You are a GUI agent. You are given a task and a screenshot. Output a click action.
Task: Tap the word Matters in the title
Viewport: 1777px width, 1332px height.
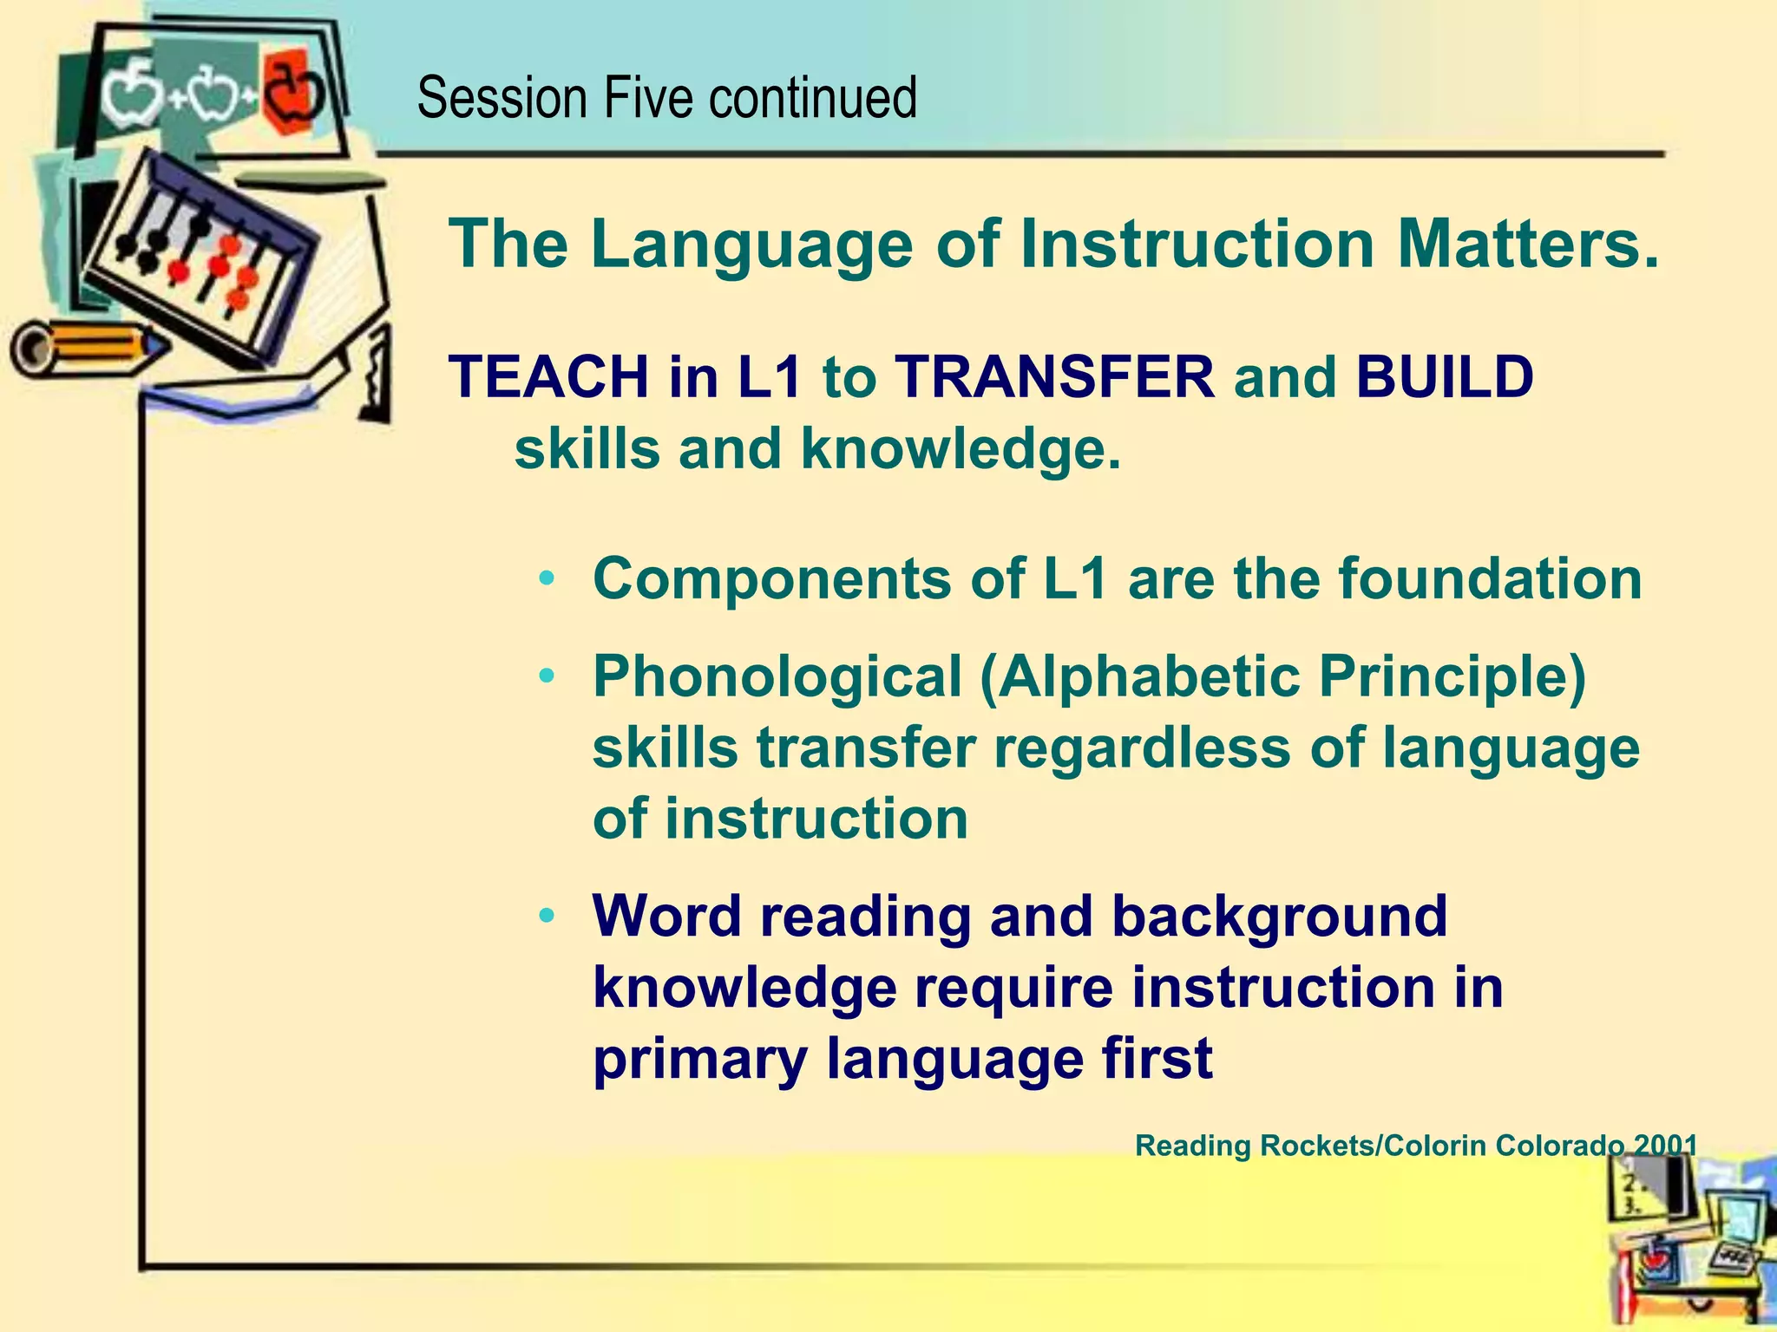(x=1527, y=244)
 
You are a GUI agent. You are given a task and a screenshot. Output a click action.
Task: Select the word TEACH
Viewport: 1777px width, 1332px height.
(x=548, y=378)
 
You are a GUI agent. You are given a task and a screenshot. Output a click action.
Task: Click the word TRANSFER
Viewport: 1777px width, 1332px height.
(x=1055, y=378)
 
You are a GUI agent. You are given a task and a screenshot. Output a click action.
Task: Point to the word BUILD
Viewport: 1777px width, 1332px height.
(x=1445, y=378)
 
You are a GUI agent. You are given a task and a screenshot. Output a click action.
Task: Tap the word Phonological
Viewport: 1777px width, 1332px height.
(x=777, y=676)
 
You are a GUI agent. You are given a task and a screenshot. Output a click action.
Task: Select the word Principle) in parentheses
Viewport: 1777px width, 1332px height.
(x=1452, y=676)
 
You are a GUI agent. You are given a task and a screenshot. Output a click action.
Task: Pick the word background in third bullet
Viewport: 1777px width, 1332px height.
(x=1279, y=916)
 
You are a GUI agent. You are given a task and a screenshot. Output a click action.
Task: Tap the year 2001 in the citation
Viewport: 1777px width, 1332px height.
(x=1664, y=1146)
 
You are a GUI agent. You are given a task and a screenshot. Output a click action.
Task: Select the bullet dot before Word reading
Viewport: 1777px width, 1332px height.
(x=546, y=916)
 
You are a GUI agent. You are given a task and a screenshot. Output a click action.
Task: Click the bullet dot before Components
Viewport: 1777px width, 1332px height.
(x=546, y=578)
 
